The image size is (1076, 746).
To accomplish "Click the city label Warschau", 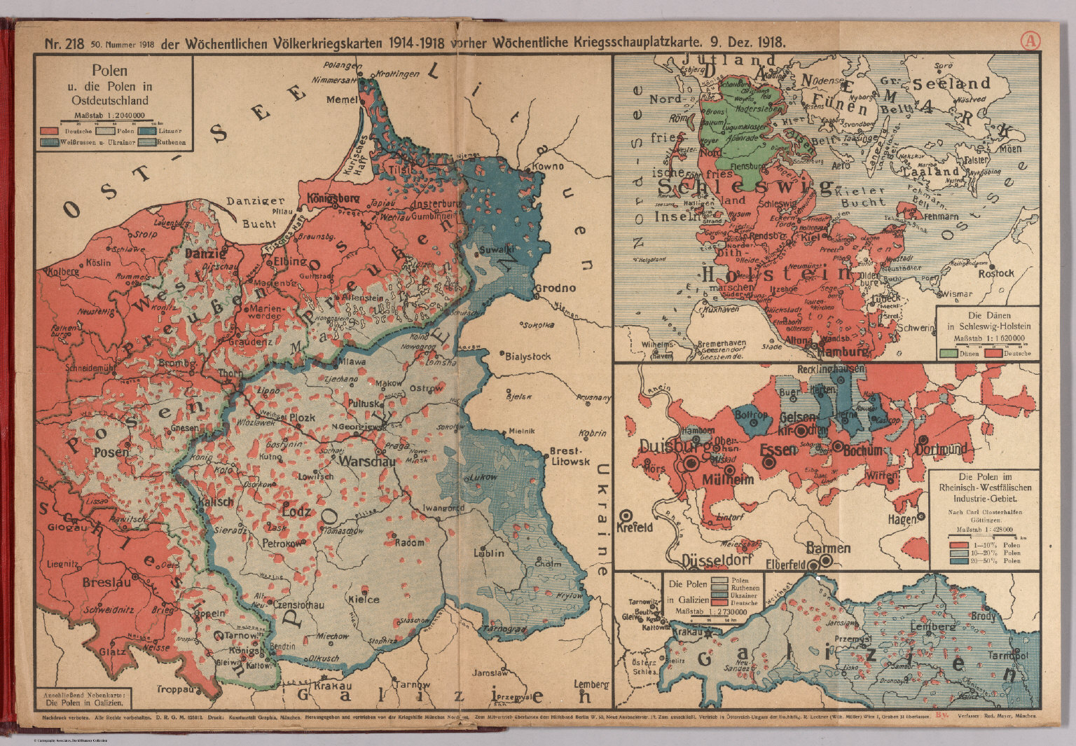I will pos(364,462).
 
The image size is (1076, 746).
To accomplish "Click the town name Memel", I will pos(341,100).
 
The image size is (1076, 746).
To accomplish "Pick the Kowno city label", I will pos(549,167).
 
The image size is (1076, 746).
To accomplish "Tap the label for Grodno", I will pos(556,288).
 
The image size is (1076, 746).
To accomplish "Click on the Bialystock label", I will pos(527,356).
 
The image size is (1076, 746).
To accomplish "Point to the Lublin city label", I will pos(488,553).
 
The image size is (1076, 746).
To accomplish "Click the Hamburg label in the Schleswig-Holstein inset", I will pos(843,352).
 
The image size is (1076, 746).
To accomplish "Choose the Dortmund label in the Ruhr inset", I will pos(941,448).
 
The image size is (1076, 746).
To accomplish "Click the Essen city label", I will pos(778,449).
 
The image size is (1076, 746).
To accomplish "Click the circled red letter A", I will pos(1029,41).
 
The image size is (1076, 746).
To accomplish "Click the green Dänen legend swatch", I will pos(950,353).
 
